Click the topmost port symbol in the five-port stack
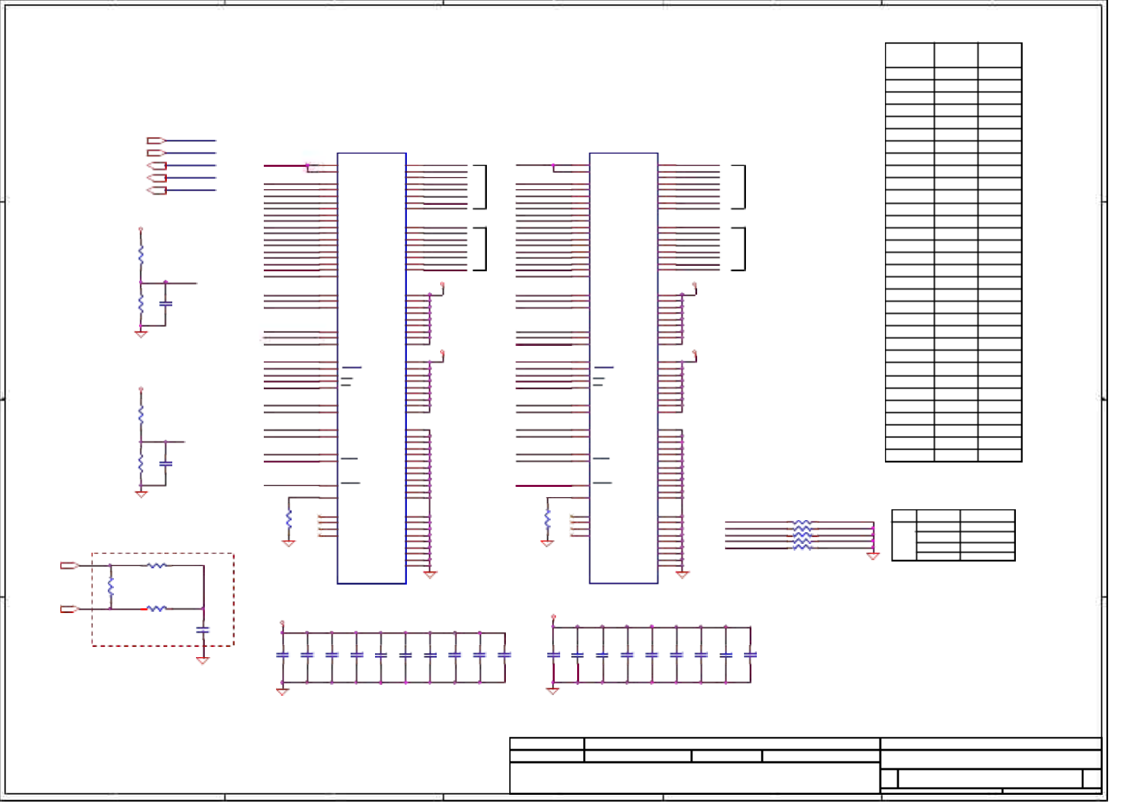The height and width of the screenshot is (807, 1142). point(155,140)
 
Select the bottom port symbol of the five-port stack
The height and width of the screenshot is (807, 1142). point(157,191)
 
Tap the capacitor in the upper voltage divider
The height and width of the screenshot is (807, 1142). point(165,304)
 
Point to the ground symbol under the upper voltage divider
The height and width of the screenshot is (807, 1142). point(141,334)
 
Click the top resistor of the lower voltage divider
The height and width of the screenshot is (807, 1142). point(141,414)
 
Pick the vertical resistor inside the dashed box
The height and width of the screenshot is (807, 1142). point(111,587)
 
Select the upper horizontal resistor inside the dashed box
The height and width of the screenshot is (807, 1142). point(157,565)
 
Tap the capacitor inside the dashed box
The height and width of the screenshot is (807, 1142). point(203,630)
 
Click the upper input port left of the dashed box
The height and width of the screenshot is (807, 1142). point(69,565)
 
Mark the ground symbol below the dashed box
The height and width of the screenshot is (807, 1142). point(203,661)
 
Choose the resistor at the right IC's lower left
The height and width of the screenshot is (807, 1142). point(547,519)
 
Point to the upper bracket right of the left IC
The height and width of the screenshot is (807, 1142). point(481,186)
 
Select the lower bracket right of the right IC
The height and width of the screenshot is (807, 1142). point(740,249)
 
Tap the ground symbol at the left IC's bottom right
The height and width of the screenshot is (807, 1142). point(430,574)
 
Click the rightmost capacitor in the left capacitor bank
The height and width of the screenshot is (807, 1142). point(505,655)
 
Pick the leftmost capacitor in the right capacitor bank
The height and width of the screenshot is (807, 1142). point(553,655)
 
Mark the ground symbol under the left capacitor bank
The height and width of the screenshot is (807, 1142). point(283,692)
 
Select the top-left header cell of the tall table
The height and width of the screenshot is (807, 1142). point(909,55)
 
